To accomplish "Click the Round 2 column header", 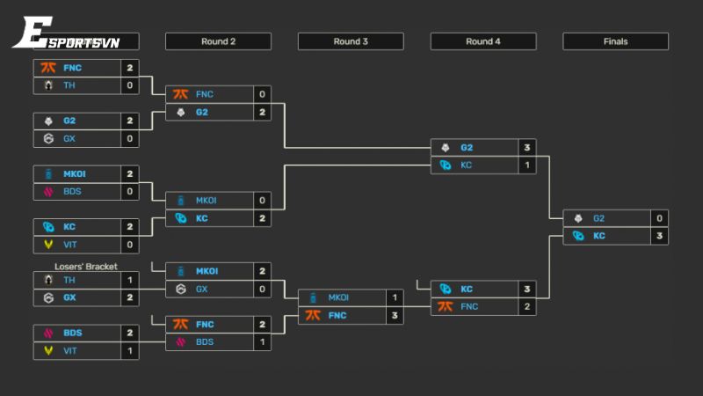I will [218, 41].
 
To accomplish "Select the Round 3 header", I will [351, 41].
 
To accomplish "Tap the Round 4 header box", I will [482, 41].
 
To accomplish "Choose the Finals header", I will [615, 41].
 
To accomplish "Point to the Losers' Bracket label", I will [86, 266].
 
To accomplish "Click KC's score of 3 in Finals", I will [658, 236].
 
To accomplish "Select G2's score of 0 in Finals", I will [658, 218].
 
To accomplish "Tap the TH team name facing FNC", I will [69, 85].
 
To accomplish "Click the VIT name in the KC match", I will [70, 245].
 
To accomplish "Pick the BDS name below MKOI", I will [73, 191].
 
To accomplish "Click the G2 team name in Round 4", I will [467, 147].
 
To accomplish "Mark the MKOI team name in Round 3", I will [338, 297].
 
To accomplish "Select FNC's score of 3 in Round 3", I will [395, 315].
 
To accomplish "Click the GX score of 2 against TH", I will [130, 297].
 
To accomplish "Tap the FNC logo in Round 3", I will [312, 315].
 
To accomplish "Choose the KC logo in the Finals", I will [577, 236].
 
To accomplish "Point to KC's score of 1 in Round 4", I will [526, 165].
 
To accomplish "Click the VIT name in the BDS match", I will [70, 350].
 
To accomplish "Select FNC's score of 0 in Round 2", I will [262, 94].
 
